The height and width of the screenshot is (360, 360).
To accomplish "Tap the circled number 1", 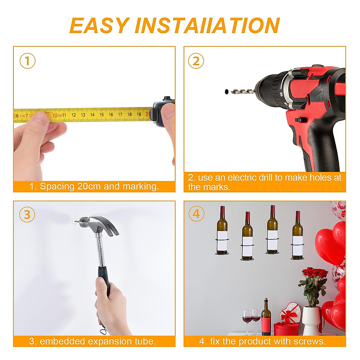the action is click(28, 61).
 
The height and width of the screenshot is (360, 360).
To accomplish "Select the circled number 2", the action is click(196, 61).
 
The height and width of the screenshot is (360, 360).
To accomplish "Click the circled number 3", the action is click(27, 214).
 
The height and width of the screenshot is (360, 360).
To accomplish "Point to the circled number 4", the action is click(196, 214).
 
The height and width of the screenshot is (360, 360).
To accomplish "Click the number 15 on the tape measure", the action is click(102, 115).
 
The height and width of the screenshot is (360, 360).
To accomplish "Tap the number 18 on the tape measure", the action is click(130, 114).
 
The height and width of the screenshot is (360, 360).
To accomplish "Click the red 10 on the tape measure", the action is click(55, 115).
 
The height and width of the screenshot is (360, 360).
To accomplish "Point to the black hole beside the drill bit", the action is click(226, 91).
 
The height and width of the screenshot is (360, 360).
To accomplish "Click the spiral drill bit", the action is click(243, 91).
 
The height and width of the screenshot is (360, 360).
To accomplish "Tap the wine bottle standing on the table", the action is click(266, 317).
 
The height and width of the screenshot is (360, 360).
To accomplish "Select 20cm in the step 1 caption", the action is click(89, 186).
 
